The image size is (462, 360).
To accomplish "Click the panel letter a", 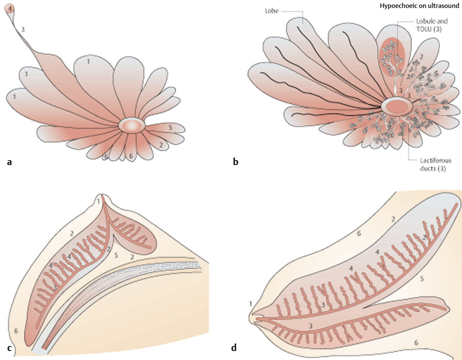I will (x=9, y=163).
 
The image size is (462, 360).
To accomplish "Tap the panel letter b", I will (x=236, y=163).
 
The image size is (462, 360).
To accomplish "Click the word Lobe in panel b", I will (x=272, y=10).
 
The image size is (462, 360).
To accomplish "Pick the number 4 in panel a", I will (x=11, y=8).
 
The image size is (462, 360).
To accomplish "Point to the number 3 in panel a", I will (x=23, y=30).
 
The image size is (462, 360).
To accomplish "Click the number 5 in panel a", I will (x=170, y=126).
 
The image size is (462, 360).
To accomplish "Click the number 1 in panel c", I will (x=99, y=202).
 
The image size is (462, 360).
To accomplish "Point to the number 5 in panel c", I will (x=117, y=254).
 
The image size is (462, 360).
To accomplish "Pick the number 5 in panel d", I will (x=421, y=279).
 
